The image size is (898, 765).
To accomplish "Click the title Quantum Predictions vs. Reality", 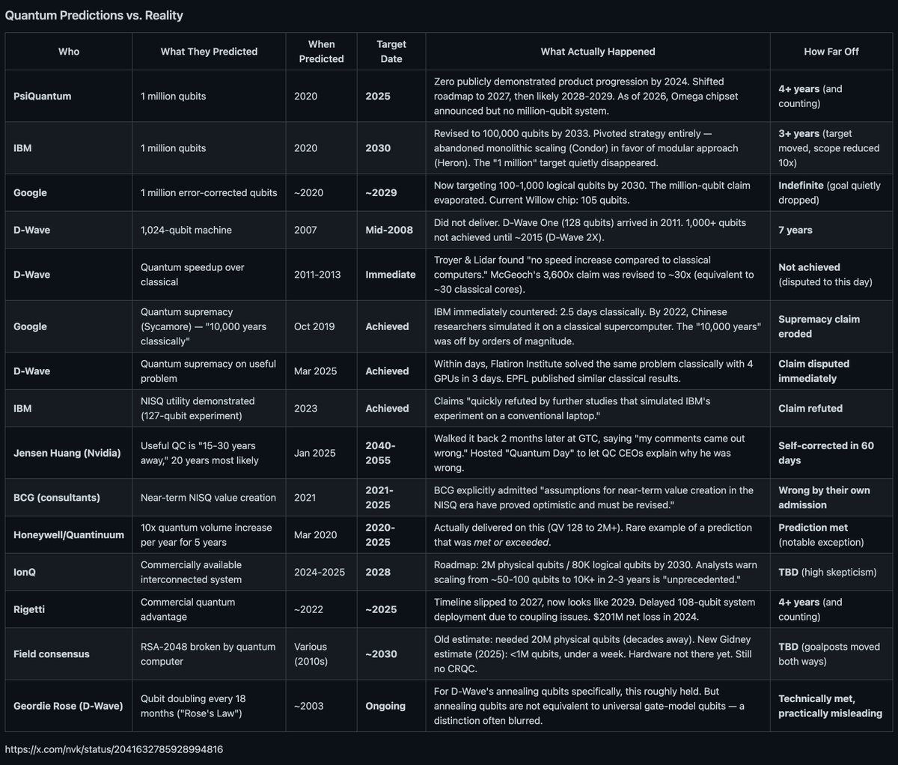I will (94, 15).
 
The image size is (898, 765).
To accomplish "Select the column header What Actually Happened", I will (597, 52).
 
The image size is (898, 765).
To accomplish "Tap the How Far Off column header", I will (831, 52).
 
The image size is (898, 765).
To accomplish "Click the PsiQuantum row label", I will (42, 97).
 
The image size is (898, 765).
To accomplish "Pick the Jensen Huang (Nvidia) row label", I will (67, 453).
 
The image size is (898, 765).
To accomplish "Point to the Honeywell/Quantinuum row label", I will (69, 534).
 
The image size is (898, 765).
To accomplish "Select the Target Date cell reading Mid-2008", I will (389, 230).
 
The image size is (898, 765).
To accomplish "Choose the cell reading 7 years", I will (795, 230).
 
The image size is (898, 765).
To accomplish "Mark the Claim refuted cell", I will (810, 408).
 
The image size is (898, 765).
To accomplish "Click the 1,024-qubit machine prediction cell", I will (186, 230).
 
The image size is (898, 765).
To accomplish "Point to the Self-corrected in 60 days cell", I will (825, 453).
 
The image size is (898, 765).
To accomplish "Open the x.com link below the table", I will (114, 749).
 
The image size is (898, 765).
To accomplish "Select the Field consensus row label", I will (51, 653).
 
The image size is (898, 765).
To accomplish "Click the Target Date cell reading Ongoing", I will (385, 706).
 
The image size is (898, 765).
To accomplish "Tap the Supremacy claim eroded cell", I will (819, 326).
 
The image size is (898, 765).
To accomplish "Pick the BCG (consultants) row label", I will (56, 497).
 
